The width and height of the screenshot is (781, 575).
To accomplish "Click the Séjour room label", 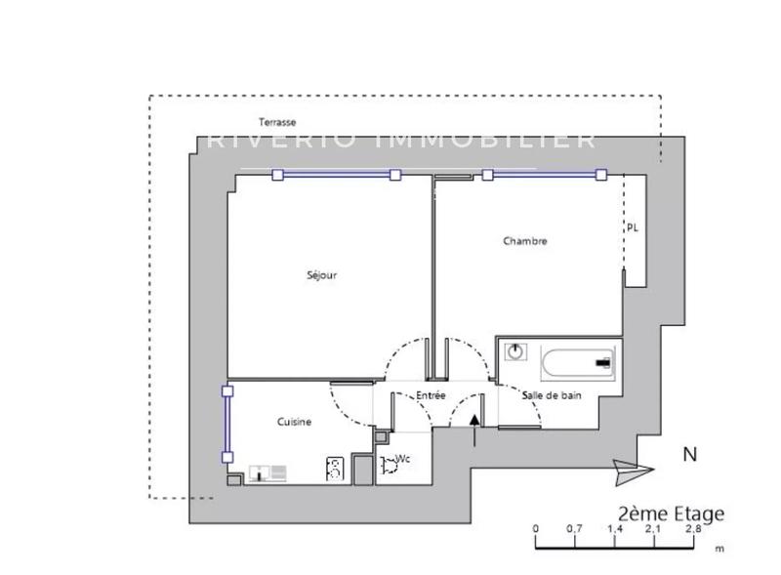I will (x=321, y=275).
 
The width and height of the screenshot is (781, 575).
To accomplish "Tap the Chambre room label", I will (x=525, y=241).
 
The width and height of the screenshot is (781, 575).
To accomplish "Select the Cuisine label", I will (x=294, y=422).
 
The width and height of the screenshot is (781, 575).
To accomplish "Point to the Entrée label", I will (x=431, y=395).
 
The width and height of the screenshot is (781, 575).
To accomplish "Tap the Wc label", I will (x=401, y=458).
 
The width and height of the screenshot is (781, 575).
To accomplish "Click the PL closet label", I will (x=633, y=228).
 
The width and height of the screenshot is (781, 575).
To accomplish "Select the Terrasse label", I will (x=277, y=122).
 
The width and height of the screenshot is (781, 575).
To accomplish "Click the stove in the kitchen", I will (x=335, y=470).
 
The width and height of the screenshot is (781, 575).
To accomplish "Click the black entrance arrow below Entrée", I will (x=474, y=420).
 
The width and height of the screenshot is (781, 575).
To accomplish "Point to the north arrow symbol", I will (x=631, y=470).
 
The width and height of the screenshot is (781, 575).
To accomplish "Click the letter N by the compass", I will (x=690, y=454).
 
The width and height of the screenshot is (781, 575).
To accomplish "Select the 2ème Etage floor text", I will (x=672, y=513).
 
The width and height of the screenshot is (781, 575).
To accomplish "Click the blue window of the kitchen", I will (x=227, y=424).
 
